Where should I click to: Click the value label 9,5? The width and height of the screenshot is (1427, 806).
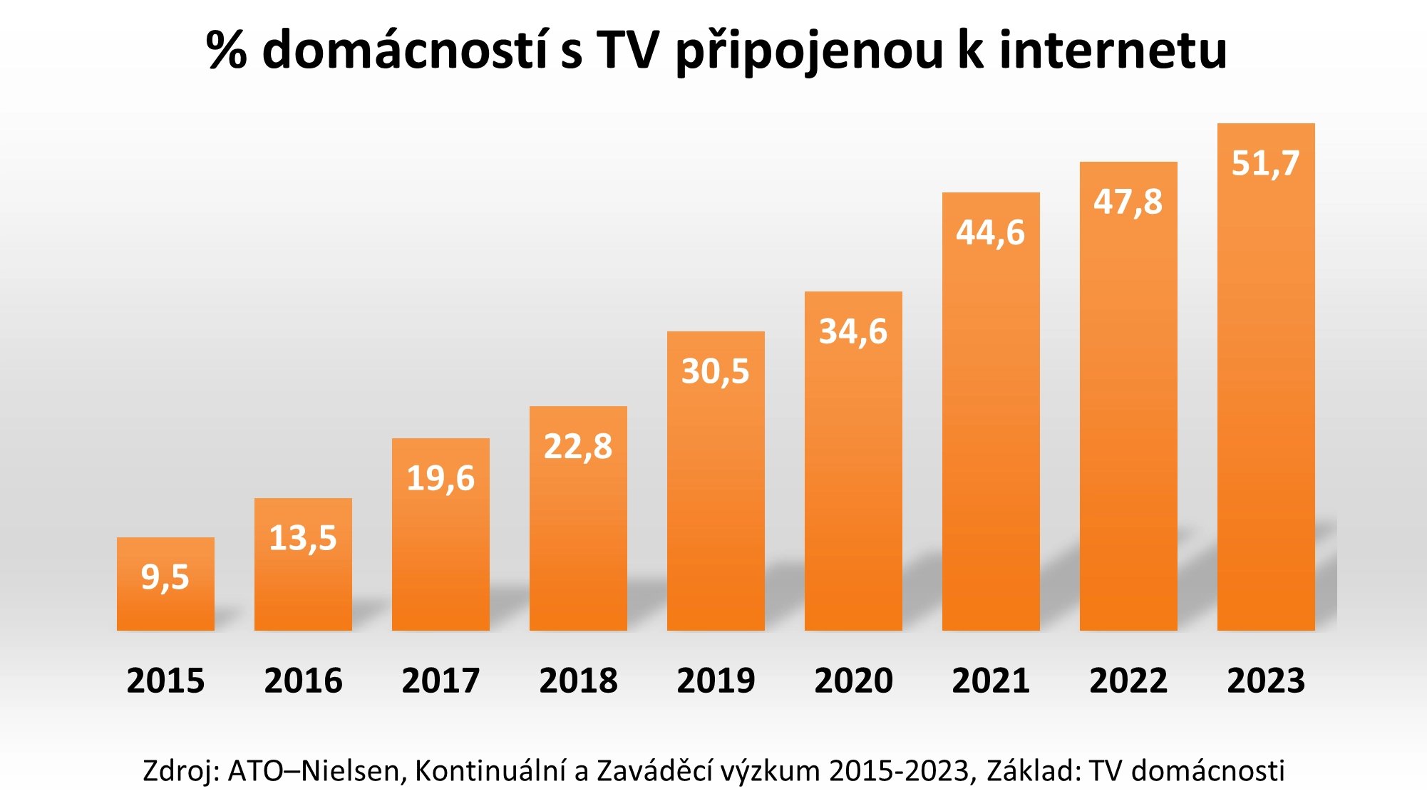coord(165,577)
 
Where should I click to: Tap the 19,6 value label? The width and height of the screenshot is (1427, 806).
coord(441,477)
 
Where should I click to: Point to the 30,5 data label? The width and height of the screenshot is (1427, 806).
coord(716,371)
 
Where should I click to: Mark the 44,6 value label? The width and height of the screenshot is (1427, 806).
coord(991,232)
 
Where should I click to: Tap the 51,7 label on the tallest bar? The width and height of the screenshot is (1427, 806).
coord(1266,163)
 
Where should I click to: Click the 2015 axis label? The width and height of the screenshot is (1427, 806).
coord(165,681)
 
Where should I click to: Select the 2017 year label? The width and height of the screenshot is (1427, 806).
coord(441,681)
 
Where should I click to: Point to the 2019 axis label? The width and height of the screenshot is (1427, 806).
coord(716,681)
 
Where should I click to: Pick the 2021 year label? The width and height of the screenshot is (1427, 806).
coord(991,681)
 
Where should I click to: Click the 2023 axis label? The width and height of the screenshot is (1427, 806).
coord(1266,681)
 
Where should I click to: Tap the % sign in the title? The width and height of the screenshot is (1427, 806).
coord(227,51)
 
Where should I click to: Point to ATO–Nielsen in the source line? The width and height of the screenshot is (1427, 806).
coord(314,771)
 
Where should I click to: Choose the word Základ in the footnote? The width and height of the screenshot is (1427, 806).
coord(1033,771)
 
